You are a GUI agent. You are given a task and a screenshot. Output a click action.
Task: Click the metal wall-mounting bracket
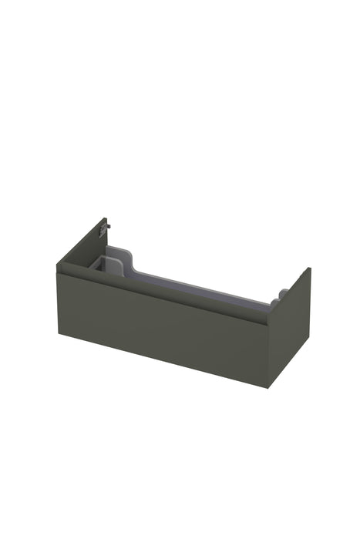[x=107, y=226]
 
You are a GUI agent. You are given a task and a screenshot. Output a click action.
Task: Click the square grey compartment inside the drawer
[x=103, y=264]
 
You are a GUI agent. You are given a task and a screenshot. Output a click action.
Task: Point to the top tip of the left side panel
[x=105, y=219]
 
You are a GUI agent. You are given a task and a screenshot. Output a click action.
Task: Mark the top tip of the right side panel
[x=309, y=268]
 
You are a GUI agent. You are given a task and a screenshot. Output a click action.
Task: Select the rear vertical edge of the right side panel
[x=310, y=312]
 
